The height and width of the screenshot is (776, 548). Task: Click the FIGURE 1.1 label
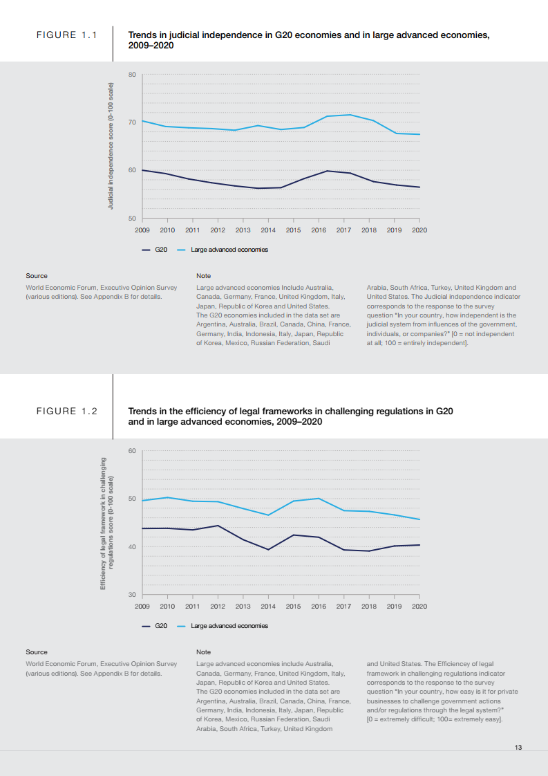point(66,35)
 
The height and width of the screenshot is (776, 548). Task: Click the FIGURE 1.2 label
point(66,411)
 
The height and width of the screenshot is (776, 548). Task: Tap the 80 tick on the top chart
point(133,74)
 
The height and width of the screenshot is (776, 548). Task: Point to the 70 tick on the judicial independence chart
point(133,122)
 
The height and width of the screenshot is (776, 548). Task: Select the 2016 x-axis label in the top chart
point(318,230)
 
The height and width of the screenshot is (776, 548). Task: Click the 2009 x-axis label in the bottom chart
point(142,606)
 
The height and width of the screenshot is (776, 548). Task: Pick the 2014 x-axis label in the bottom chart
point(268,606)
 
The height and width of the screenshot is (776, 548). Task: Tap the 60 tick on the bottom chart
point(133,451)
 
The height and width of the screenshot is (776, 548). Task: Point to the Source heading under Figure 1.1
point(37,276)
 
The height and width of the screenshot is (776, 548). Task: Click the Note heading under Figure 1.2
point(203,652)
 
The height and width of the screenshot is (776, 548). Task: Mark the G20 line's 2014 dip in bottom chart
point(268,549)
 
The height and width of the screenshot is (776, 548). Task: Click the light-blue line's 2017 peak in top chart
point(350,115)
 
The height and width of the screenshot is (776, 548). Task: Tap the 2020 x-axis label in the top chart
point(419,230)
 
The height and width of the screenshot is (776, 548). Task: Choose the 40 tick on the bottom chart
point(133,547)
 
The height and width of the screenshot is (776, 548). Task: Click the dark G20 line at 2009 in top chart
point(142,169)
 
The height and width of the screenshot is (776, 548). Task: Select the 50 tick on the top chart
point(133,219)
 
